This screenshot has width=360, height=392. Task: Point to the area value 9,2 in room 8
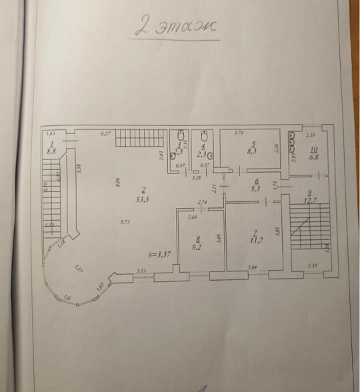pyautogui.click(x=197, y=245)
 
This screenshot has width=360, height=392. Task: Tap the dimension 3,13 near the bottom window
pyautogui.click(x=141, y=270)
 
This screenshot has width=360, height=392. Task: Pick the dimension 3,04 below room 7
pyautogui.click(x=253, y=267)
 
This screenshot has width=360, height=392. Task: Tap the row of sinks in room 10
pyautogui.click(x=291, y=145)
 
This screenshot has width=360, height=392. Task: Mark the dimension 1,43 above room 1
pyautogui.click(x=49, y=134)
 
